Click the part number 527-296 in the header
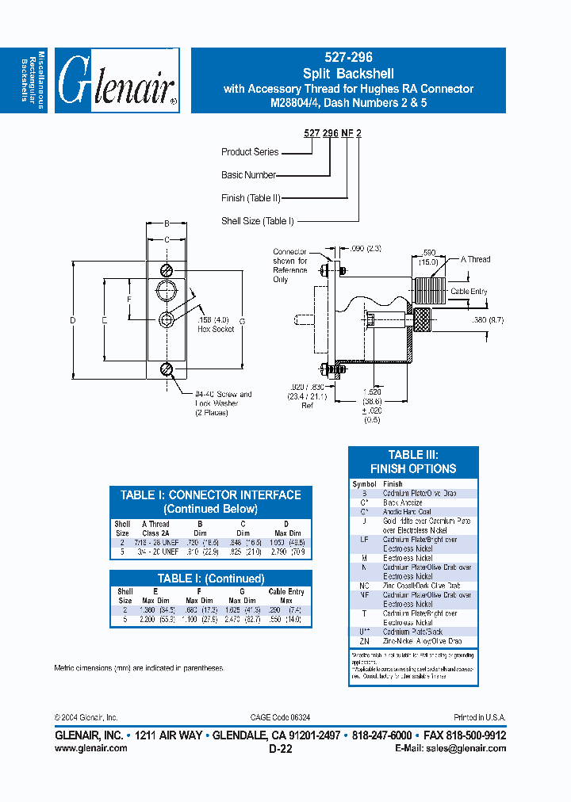pyautogui.click(x=348, y=58)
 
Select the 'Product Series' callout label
pyautogui.click(x=250, y=151)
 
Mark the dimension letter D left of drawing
pyautogui.click(x=72, y=320)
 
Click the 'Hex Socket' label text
pyautogui.click(x=216, y=329)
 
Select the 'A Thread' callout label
pyautogui.click(x=476, y=259)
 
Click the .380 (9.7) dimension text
pyautogui.click(x=487, y=319)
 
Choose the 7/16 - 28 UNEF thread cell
pyautogui.click(x=155, y=541)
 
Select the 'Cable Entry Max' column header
pyautogui.click(x=286, y=596)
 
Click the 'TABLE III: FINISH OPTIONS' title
pyautogui.click(x=413, y=461)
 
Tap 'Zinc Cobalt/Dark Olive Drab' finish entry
pyautogui.click(x=420, y=586)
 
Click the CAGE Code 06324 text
pyautogui.click(x=282, y=716)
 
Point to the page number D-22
pyautogui.click(x=282, y=748)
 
